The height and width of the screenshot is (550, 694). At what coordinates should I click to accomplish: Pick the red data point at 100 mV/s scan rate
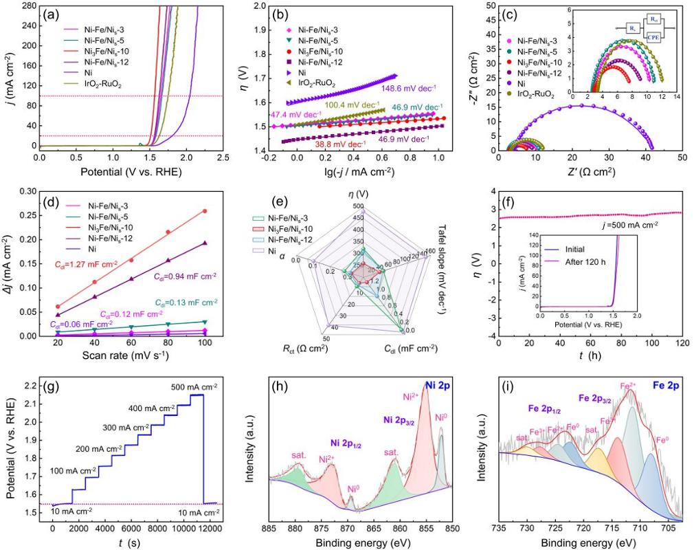click(x=205, y=211)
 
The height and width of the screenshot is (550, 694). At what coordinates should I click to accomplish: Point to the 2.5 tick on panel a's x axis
click(x=223, y=157)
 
